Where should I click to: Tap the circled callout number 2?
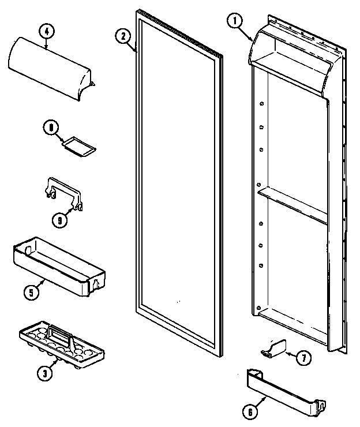coord(122,35)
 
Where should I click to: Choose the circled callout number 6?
coord(249,412)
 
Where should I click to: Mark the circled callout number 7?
coord(302,358)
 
